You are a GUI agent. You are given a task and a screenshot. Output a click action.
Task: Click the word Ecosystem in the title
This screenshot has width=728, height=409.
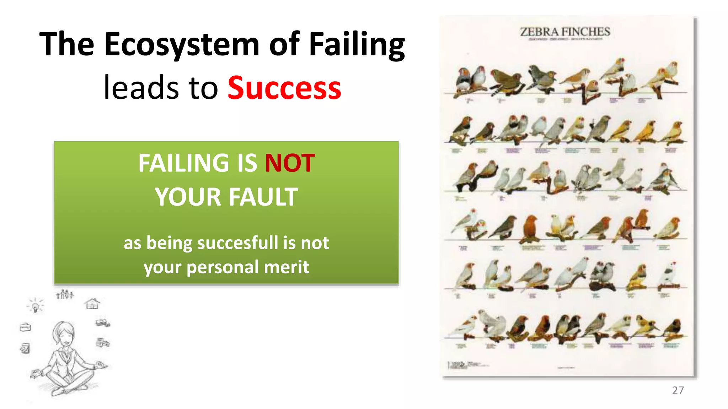click(182, 45)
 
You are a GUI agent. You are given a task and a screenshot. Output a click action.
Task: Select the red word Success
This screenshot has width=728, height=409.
click(284, 88)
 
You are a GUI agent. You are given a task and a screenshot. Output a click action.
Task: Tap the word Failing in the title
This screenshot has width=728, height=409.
click(357, 45)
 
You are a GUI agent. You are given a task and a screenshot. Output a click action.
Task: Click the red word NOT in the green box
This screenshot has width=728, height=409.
click(290, 163)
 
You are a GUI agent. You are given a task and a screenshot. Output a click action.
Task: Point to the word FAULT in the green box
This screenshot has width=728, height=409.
click(263, 197)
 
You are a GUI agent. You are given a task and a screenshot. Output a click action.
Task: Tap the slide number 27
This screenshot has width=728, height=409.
click(678, 390)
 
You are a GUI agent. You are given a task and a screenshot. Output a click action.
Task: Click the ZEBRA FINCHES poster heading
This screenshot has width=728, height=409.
click(565, 32)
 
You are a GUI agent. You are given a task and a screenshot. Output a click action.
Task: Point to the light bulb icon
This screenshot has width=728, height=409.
click(35, 306)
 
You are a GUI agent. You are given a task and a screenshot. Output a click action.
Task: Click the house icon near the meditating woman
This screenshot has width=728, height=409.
click(92, 304)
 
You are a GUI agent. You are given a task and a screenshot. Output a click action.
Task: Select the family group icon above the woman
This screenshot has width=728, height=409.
click(65, 294)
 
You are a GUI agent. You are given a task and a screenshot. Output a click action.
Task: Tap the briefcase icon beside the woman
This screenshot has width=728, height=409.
click(26, 327)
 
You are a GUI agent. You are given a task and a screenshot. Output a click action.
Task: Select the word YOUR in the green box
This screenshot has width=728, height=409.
click(188, 197)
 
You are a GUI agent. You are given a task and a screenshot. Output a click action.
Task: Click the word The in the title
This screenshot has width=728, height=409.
click(66, 45)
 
